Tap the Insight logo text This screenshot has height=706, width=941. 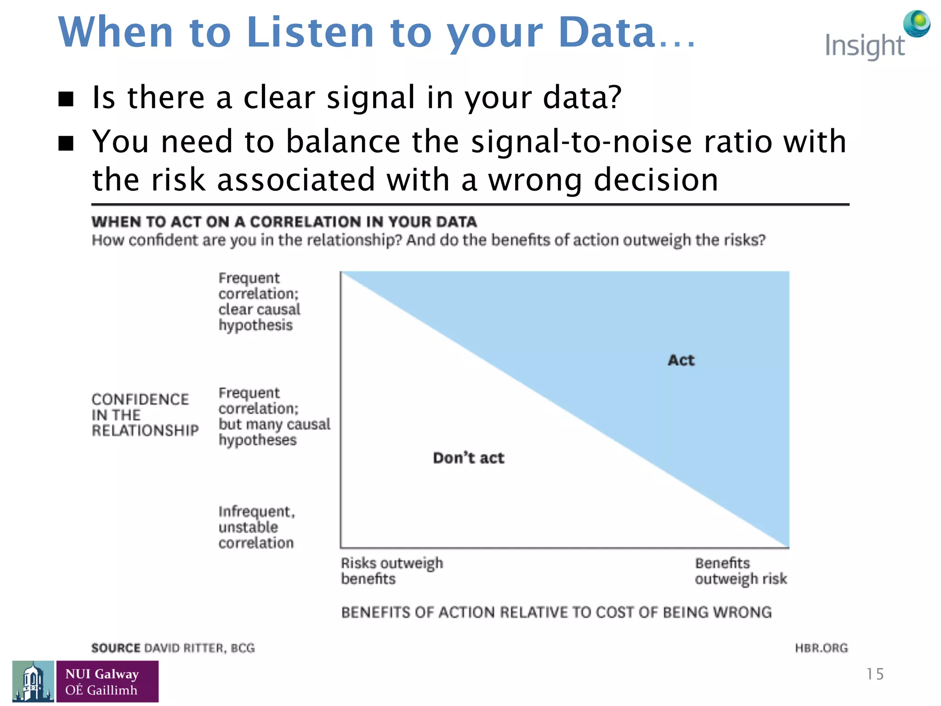[864, 46]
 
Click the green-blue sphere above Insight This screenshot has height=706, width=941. [917, 23]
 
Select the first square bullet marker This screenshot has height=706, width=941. [66, 99]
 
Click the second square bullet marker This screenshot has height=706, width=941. [66, 143]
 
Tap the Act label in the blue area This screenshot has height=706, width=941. [681, 360]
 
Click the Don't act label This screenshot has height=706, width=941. [468, 458]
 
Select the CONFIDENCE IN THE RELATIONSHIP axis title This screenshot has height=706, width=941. [145, 415]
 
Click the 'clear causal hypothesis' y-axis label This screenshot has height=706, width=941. [259, 302]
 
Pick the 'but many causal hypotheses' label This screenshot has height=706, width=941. [274, 416]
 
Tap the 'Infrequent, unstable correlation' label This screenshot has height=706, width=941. [256, 527]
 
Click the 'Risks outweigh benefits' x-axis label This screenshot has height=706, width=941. [391, 570]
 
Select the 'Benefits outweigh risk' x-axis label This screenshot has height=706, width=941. [740, 570]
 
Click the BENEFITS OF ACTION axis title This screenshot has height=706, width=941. [556, 612]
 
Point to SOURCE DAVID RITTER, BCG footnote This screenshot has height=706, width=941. [173, 648]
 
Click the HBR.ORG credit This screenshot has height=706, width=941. [821, 648]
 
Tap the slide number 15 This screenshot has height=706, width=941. [874, 674]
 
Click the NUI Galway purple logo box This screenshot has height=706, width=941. [107, 681]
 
